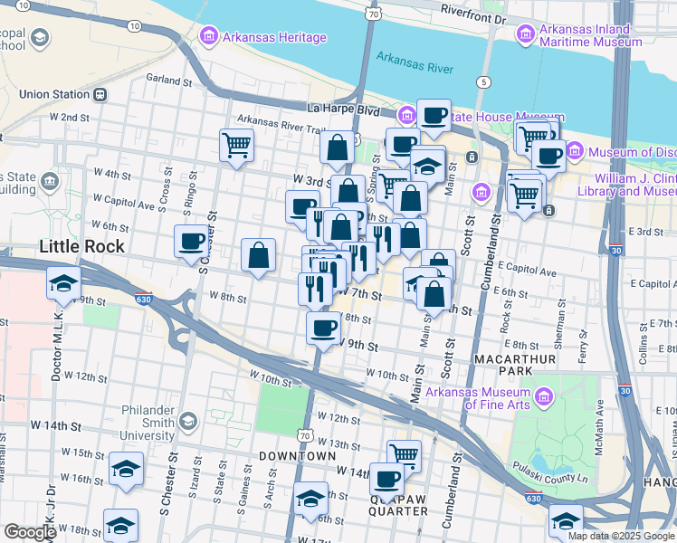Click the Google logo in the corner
[x=30, y=532]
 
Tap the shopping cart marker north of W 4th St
[x=236, y=144]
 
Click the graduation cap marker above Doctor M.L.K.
[x=63, y=282]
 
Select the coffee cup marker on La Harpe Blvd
[x=434, y=115]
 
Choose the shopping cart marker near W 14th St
[x=404, y=455]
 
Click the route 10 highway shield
[x=134, y=27]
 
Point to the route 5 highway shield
[x=485, y=82]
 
